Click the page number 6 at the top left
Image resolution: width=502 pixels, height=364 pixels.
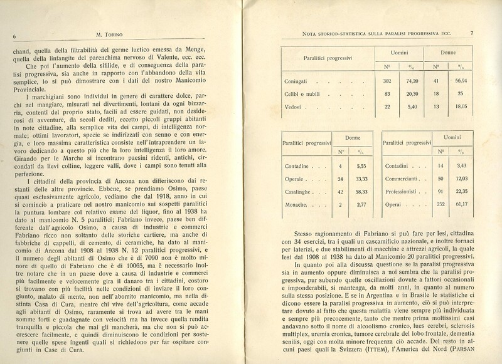13,36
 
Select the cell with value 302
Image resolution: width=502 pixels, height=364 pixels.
387,81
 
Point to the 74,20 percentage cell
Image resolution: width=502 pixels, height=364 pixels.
412,81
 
